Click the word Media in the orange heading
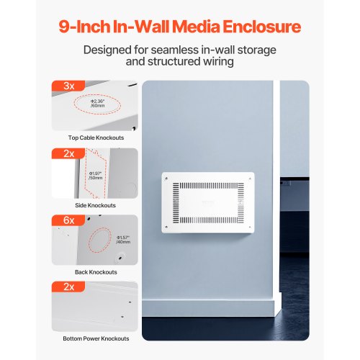pos(199,27)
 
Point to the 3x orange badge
pos(69,86)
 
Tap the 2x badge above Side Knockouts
pos(69,153)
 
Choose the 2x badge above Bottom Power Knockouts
pos(69,287)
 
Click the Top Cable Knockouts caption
pos(96,137)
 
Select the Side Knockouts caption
pos(96,205)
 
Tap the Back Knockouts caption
pos(96,272)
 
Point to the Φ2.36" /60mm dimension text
pos(99,104)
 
